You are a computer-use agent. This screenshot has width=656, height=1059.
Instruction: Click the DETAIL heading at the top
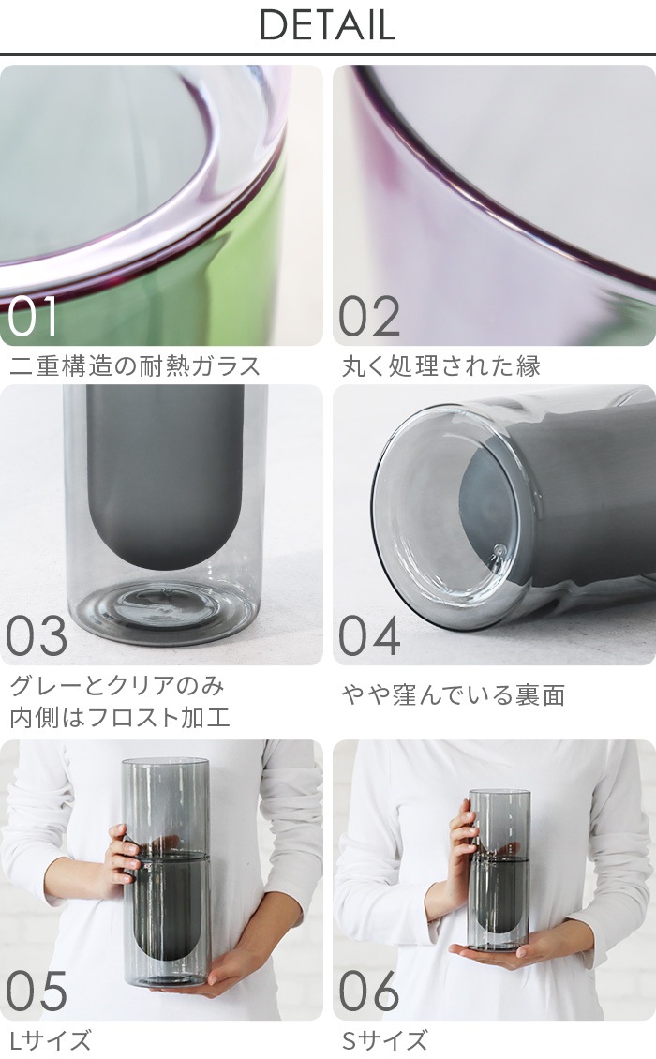click(327, 26)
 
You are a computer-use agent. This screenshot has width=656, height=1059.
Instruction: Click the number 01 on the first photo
click(33, 317)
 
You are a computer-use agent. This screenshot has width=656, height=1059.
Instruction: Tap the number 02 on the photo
click(369, 317)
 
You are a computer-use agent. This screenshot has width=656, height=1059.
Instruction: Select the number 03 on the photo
click(37, 636)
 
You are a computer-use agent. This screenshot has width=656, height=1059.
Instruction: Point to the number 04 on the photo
click(369, 636)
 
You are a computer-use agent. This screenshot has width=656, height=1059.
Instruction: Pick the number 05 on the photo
click(37, 992)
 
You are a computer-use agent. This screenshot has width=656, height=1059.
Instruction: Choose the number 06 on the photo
click(369, 992)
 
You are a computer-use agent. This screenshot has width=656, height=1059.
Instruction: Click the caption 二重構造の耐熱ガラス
click(135, 365)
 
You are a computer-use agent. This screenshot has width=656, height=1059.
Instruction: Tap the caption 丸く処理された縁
click(441, 365)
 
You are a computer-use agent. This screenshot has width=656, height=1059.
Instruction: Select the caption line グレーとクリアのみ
click(117, 686)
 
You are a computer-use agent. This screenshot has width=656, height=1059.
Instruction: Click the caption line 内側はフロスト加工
click(120, 719)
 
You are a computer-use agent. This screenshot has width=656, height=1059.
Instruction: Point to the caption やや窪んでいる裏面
click(454, 695)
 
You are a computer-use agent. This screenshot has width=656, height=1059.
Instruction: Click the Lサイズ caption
click(51, 1040)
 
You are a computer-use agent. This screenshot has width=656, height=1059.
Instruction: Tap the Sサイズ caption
click(384, 1040)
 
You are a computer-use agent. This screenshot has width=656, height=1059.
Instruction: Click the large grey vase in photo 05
click(166, 872)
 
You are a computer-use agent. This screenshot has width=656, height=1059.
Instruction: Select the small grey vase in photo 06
click(499, 867)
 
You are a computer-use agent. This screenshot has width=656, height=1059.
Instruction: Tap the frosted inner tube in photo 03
click(165, 469)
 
